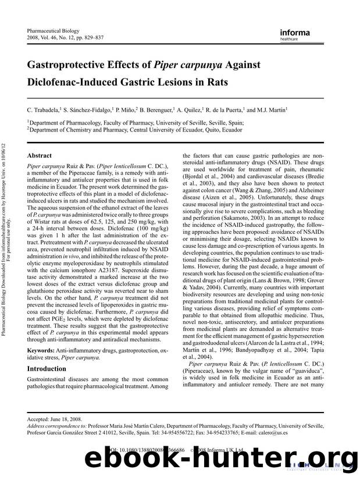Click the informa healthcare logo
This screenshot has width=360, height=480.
pos(295,34)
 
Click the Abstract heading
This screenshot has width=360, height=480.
pos(40,156)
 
